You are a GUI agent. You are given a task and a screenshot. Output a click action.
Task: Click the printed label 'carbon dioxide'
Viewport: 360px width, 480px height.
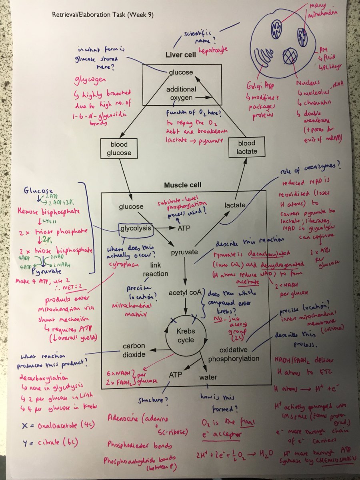click(x=134, y=350)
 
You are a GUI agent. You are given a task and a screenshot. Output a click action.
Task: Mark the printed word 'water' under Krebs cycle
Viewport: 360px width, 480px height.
click(x=208, y=377)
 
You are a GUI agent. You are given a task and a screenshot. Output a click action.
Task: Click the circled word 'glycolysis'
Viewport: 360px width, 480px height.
click(x=136, y=228)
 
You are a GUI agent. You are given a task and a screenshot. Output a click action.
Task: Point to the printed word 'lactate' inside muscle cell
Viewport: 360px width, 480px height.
click(x=234, y=205)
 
